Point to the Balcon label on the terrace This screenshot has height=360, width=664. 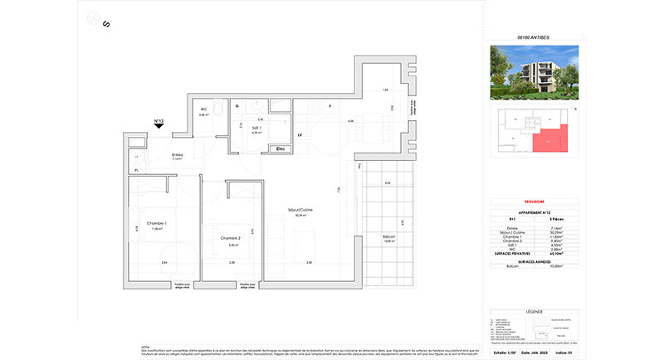(388, 237)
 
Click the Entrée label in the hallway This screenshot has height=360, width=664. (178, 154)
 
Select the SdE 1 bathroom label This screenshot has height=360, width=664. (256, 128)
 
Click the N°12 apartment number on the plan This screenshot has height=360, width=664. (159, 121)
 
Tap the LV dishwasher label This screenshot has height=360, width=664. (298, 135)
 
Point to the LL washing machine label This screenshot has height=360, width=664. (237, 106)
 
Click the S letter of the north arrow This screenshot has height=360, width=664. (106, 24)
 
